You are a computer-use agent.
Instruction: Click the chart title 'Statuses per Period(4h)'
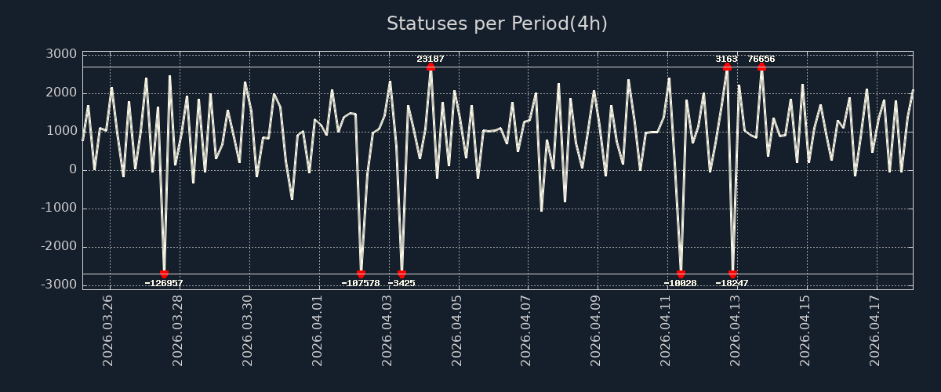[x=497, y=24]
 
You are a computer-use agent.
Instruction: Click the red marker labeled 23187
[x=431, y=67]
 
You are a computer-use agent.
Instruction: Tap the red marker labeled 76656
[x=761, y=67]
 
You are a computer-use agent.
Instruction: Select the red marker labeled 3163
[x=727, y=67]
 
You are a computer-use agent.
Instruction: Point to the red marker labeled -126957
[x=164, y=274]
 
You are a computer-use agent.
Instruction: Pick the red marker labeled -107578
[x=361, y=274]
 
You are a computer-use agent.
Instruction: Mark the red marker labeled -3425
[x=401, y=274]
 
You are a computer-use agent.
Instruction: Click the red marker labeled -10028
[x=681, y=274]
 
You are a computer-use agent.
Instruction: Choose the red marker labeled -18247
[x=732, y=274]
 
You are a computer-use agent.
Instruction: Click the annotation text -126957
[x=164, y=283]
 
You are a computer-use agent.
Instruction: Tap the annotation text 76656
[x=761, y=59]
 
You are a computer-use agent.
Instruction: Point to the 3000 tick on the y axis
[x=61, y=54]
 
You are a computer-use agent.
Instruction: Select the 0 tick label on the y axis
[x=72, y=169]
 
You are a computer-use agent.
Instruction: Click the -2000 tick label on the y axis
[x=58, y=247]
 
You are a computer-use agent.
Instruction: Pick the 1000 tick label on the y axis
[x=61, y=131]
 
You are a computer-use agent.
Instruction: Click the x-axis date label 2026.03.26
[x=109, y=330]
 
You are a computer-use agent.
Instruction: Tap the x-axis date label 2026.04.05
[x=458, y=330]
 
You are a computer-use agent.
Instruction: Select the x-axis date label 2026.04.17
[x=877, y=330]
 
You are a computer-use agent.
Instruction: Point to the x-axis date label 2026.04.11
[x=667, y=330]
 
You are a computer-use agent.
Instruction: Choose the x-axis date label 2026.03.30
[x=249, y=330]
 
